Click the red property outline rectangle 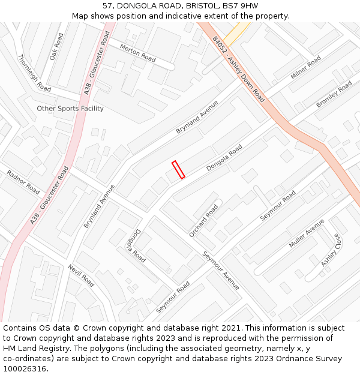tap(178, 170)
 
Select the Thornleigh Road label tap(34, 73)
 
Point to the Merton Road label tap(137, 53)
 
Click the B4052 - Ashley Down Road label tap(238, 68)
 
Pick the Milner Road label tap(306, 68)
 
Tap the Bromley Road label tap(334, 95)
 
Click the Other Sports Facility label tap(70, 109)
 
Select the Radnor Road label tap(23, 182)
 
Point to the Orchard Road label tap(204, 221)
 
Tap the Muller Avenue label tap(307, 234)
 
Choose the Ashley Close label tap(331, 250)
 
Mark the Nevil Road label tap(81, 275)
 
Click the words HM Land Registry tap(34, 349)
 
